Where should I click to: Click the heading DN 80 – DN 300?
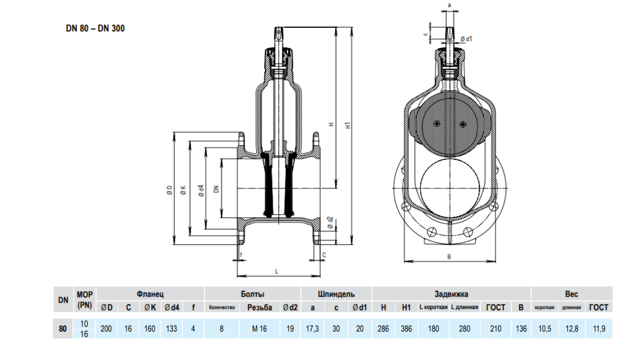pyautogui.click(x=95, y=28)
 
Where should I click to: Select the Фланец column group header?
pyautogui.click(x=150, y=294)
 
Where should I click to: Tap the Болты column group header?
pyautogui.click(x=252, y=294)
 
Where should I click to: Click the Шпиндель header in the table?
pyautogui.click(x=336, y=294)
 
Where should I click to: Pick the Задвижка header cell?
pyautogui.click(x=451, y=294)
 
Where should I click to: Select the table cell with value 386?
pyautogui.click(x=406, y=328)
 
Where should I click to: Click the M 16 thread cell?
pyautogui.click(x=259, y=328)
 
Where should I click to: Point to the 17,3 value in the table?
pyautogui.click(x=312, y=328)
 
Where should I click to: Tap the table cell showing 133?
pyautogui.click(x=172, y=328)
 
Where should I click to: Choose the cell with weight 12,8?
pyautogui.click(x=572, y=328)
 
